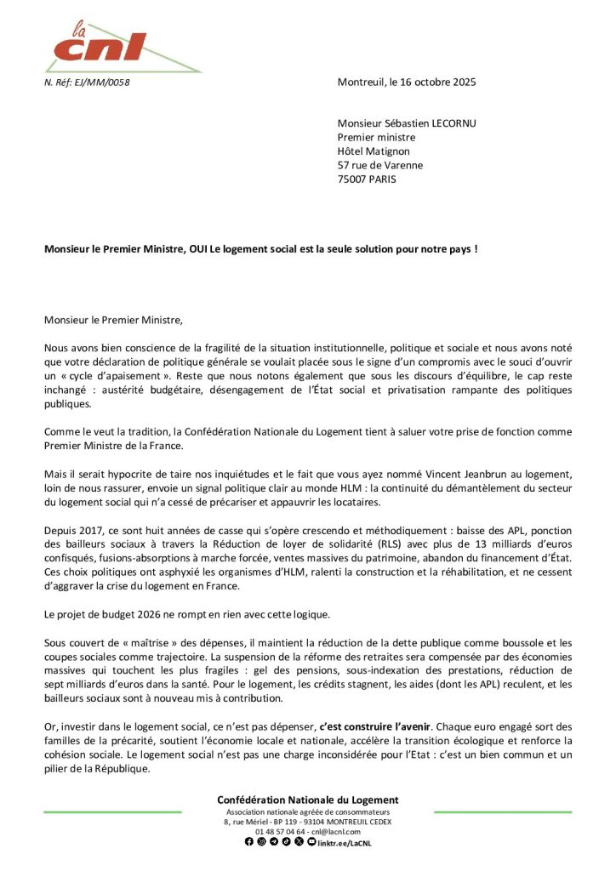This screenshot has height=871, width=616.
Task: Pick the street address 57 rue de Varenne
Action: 379,165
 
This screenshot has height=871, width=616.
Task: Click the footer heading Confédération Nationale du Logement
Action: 307,800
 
